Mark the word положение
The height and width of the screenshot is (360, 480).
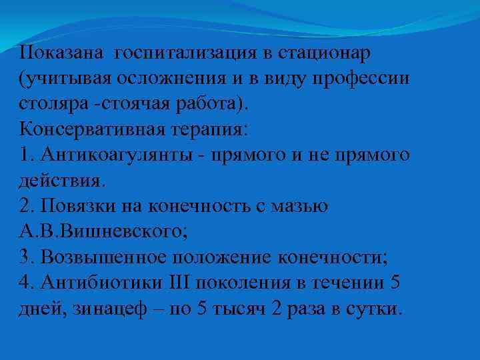tap(236, 257)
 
